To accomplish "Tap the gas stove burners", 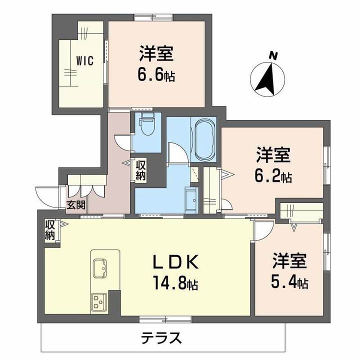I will click(x=98, y=301).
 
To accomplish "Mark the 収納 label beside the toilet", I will click(x=140, y=169).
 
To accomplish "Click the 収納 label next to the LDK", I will click(x=49, y=230).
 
